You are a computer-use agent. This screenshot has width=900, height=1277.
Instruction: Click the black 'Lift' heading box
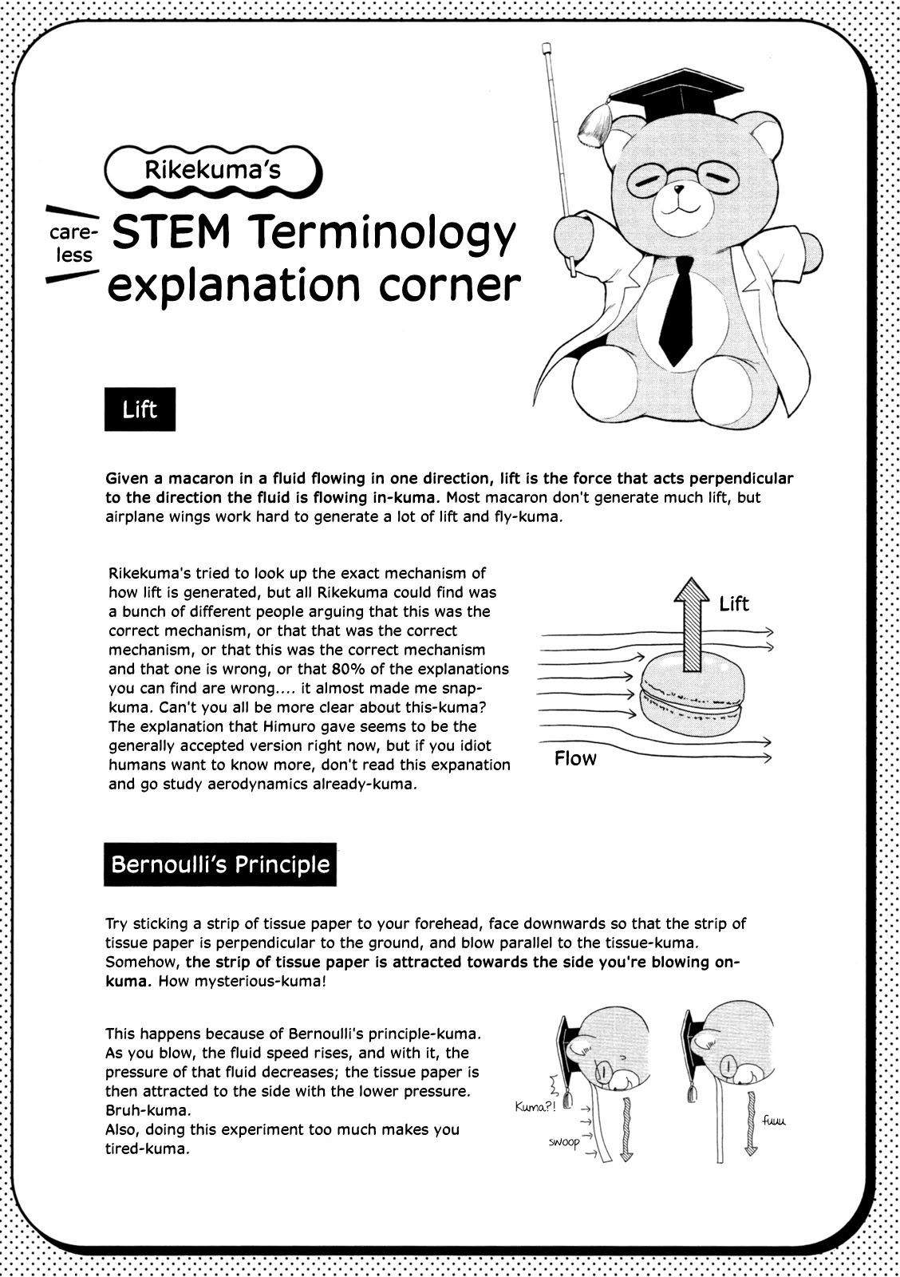[140, 410]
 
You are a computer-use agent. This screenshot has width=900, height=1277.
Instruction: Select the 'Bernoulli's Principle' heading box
[220, 864]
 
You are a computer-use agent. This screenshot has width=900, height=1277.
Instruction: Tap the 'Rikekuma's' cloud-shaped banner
[213, 170]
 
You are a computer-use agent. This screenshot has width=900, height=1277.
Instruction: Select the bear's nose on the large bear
[678, 192]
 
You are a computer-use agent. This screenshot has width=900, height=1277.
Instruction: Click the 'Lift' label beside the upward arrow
[734, 603]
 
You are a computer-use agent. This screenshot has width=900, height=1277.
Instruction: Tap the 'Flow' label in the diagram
[575, 758]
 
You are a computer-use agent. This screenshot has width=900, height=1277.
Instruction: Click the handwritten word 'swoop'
[564, 1142]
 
